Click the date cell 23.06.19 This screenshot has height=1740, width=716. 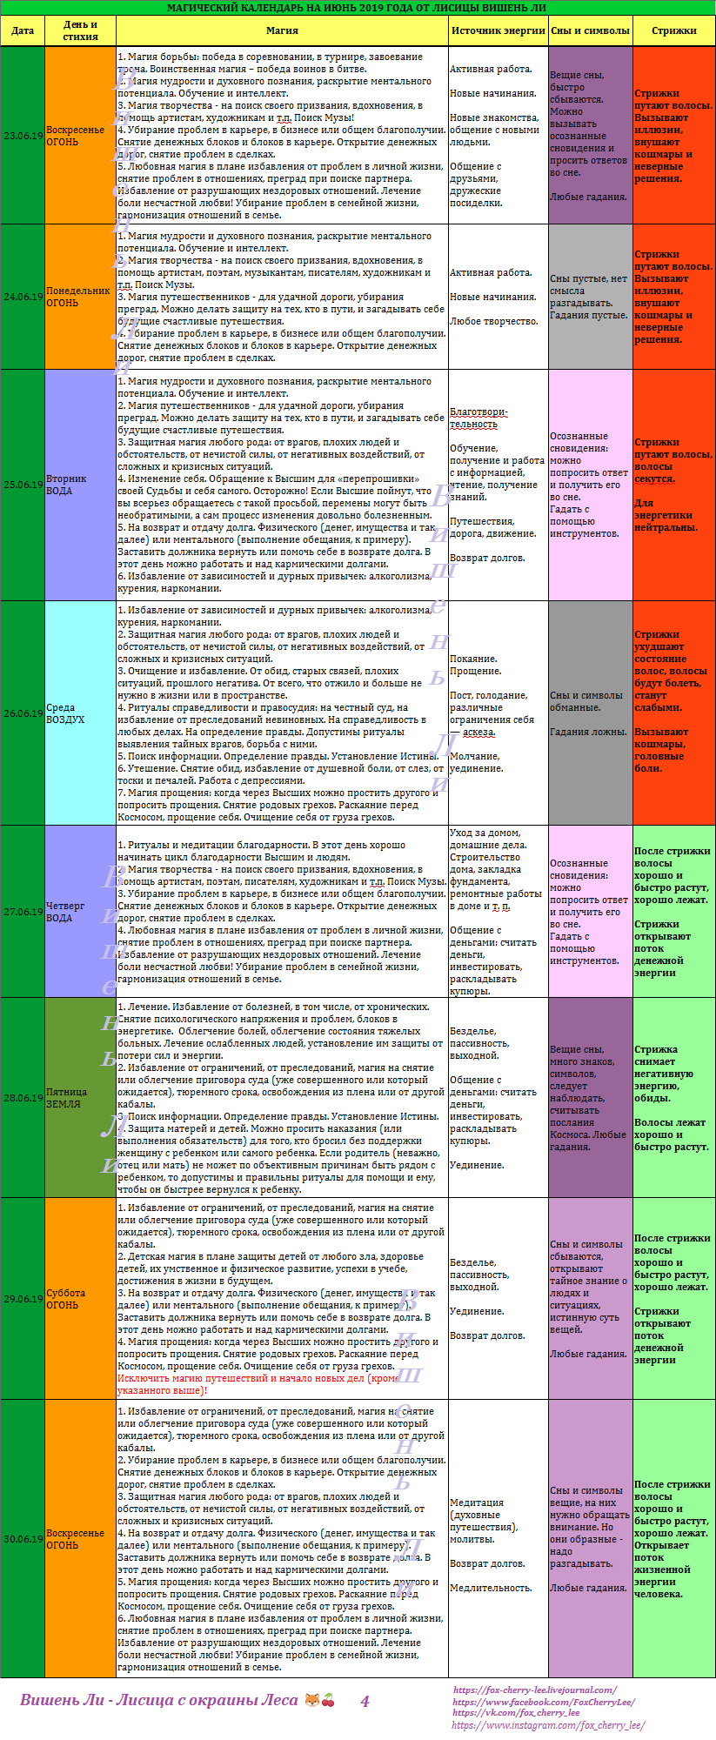coord(23,136)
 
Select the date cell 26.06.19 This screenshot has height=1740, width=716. coord(23,713)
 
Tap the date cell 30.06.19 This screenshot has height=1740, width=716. coord(23,1539)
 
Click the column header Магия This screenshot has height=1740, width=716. coord(282,30)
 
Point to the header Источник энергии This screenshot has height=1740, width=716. coord(498,30)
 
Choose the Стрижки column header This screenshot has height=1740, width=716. coord(674,30)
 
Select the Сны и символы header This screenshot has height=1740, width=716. coord(590,30)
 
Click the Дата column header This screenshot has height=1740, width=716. coord(23,30)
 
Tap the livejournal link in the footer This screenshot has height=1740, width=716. coord(534,1690)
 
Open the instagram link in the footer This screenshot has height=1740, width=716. coord(548,1725)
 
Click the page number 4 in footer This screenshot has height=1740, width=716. coord(365,1701)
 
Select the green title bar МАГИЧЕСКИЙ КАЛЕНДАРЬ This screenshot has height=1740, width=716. coord(357,8)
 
